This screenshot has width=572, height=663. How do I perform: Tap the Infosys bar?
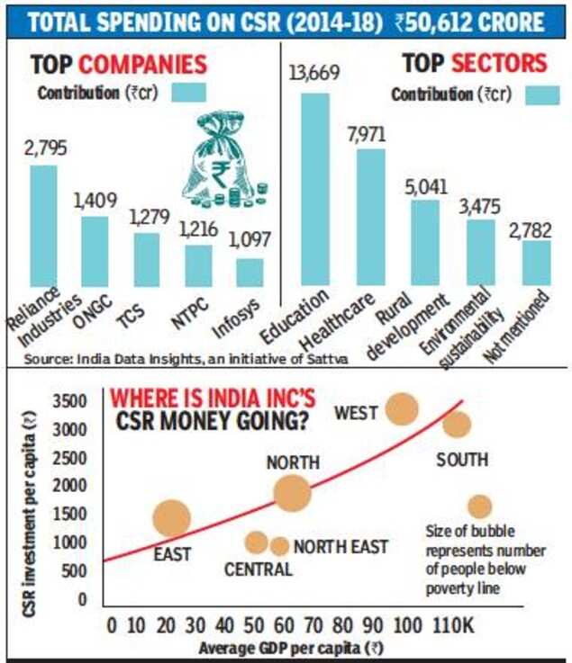click(x=250, y=273)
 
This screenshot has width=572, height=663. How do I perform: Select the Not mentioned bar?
click(x=536, y=263)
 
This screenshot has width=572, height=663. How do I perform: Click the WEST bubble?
click(x=402, y=409)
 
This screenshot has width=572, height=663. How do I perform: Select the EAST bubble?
click(x=172, y=517)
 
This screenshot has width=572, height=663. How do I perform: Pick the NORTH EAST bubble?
click(x=280, y=546)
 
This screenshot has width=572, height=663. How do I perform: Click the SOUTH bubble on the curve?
click(x=457, y=424)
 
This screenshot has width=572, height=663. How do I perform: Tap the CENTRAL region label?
click(x=258, y=569)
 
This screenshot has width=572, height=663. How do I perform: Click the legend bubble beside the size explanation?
click(x=479, y=506)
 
